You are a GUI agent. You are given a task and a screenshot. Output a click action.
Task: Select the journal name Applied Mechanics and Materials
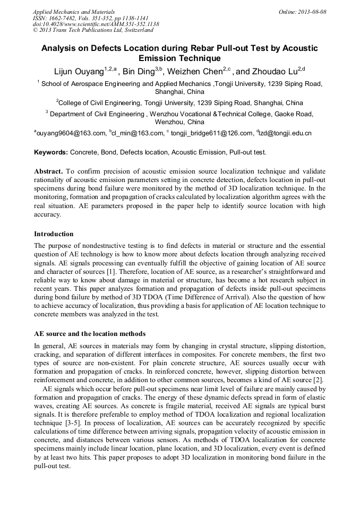(74, 11)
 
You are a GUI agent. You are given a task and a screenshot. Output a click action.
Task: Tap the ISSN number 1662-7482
(62, 18)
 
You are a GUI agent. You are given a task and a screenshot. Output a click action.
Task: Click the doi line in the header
(96, 24)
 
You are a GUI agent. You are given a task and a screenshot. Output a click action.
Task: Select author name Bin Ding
(140, 72)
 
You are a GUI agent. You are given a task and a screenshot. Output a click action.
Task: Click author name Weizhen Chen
(200, 72)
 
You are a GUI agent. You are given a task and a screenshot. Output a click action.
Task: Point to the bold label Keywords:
(51, 152)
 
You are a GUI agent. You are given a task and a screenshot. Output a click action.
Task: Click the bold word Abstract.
(48, 171)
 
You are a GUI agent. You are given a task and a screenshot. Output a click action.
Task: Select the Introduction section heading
(54, 234)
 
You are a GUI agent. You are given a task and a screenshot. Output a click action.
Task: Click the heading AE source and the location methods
(90, 334)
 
